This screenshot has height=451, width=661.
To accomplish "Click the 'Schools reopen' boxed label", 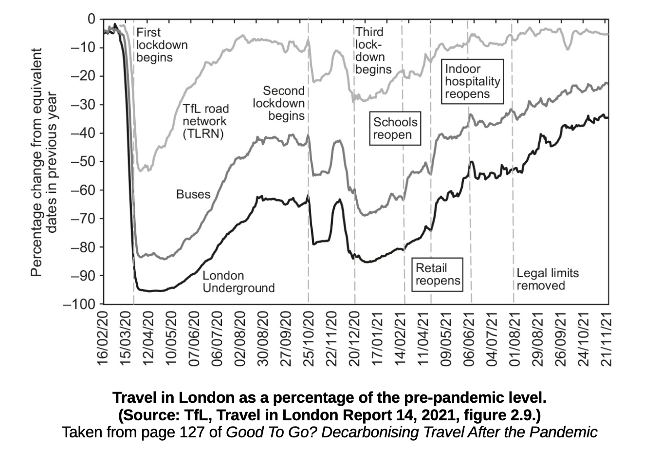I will [x=395, y=129].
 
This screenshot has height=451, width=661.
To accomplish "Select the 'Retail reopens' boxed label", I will [x=437, y=274].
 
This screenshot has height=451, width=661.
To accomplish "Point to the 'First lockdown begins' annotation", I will [x=162, y=45].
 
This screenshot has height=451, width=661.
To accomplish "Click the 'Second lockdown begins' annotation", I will [x=279, y=103].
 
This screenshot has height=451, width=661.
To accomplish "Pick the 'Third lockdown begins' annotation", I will [x=373, y=51].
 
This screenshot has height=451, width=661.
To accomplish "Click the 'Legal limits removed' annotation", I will [x=548, y=279].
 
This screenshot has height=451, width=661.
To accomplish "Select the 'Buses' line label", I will [x=193, y=195].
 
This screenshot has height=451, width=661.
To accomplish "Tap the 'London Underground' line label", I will [x=238, y=282].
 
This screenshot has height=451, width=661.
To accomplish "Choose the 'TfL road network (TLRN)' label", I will [x=205, y=121].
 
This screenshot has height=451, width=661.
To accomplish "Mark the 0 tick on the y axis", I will [x=92, y=19].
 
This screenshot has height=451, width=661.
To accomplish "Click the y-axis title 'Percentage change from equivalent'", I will [x=36, y=162].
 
